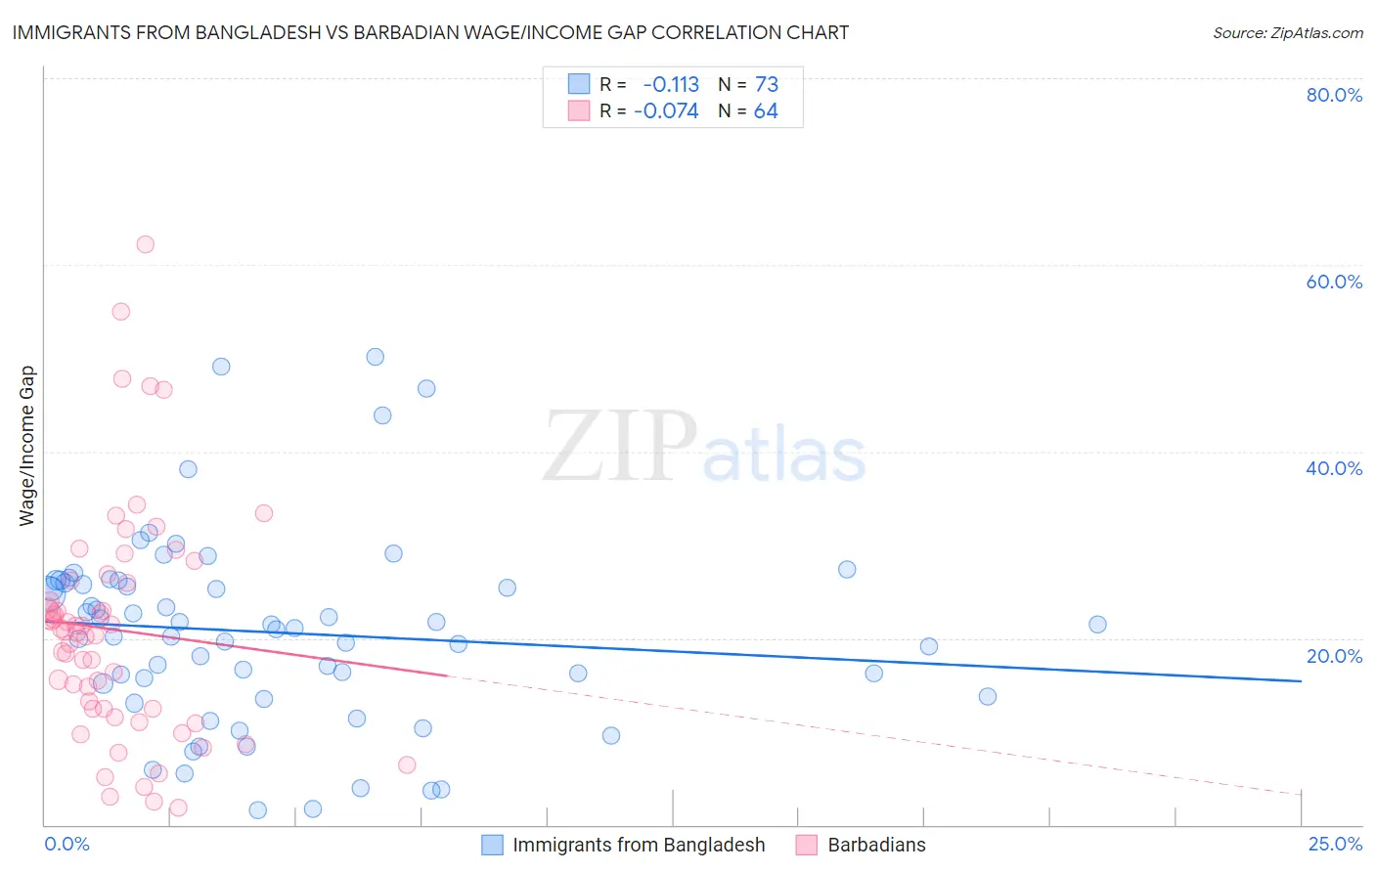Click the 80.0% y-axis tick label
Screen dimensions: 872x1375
click(1334, 95)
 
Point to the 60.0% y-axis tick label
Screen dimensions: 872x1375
click(1334, 282)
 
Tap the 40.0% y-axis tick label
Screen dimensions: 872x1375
click(1334, 468)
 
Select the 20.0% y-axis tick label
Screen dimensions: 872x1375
click(1334, 656)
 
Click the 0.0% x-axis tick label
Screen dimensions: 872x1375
click(67, 844)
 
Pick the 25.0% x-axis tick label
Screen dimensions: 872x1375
click(1335, 844)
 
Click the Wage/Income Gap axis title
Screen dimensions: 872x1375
click(27, 446)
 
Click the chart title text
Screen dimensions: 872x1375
click(430, 32)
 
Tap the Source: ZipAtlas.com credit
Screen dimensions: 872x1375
click(1287, 32)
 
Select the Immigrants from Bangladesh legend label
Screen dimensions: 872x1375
click(639, 845)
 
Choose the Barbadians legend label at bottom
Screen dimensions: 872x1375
click(876, 845)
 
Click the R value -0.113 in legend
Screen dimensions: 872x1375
click(671, 84)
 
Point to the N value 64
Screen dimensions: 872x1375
click(766, 111)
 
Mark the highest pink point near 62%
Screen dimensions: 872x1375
click(145, 244)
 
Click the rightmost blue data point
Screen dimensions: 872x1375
click(1097, 625)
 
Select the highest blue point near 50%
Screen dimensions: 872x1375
click(375, 357)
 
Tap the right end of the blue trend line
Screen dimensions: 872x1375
click(1301, 680)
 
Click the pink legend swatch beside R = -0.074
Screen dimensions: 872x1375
click(579, 111)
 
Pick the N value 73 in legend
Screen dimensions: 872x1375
click(767, 84)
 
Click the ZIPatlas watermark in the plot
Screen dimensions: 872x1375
click(704, 448)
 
